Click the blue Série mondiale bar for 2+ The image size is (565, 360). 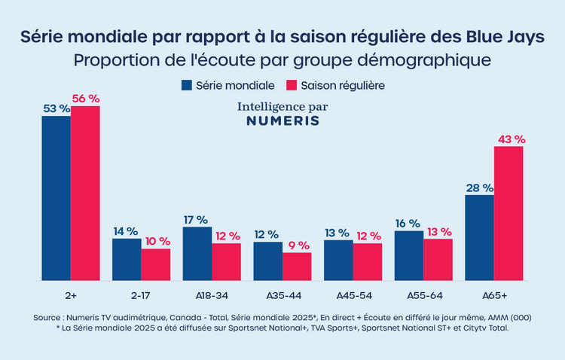click(56, 198)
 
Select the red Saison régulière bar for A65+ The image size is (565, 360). click(508, 213)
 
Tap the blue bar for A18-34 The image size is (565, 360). click(197, 254)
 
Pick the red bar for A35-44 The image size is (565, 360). click(297, 267)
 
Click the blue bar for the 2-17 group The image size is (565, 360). click(127, 260)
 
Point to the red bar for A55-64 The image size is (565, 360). click(438, 260)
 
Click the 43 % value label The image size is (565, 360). click(512, 139)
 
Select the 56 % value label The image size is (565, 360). click(86, 99)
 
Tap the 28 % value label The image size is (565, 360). click(480, 188)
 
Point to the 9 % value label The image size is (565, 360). click(299, 246)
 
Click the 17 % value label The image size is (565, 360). click(196, 220)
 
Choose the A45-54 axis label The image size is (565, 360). click(354, 296)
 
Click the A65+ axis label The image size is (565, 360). click(495, 296)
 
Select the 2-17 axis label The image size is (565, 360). click(141, 296)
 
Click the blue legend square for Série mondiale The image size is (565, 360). click(187, 85)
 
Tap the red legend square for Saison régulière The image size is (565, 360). click(292, 85)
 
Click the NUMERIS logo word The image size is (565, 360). click(282, 121)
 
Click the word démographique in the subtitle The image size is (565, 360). click(424, 60)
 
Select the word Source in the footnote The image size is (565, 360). click(47, 318)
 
